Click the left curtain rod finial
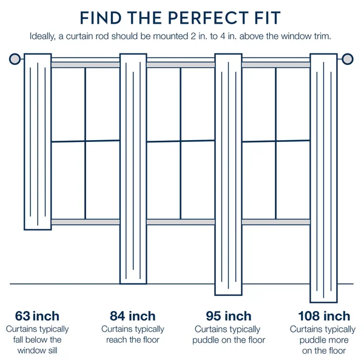pos(15,59)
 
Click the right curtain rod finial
pos(348,59)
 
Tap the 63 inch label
pos(37,316)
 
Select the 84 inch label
pos(132,316)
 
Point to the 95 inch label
pos(229,316)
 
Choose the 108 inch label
pos(324,316)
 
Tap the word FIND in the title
pos(101,18)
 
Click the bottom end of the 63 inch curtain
pos(38,229)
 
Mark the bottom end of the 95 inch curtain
pos(229,295)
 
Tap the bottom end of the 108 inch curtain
pos(323,302)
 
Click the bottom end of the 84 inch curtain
pos(133,283)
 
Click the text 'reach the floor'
pos(133,340)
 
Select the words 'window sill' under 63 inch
pos(37,351)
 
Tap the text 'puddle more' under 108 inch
pos(324,340)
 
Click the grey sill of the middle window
pos(181,222)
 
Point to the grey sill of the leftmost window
pos(86,222)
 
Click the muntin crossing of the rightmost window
pos(276,141)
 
